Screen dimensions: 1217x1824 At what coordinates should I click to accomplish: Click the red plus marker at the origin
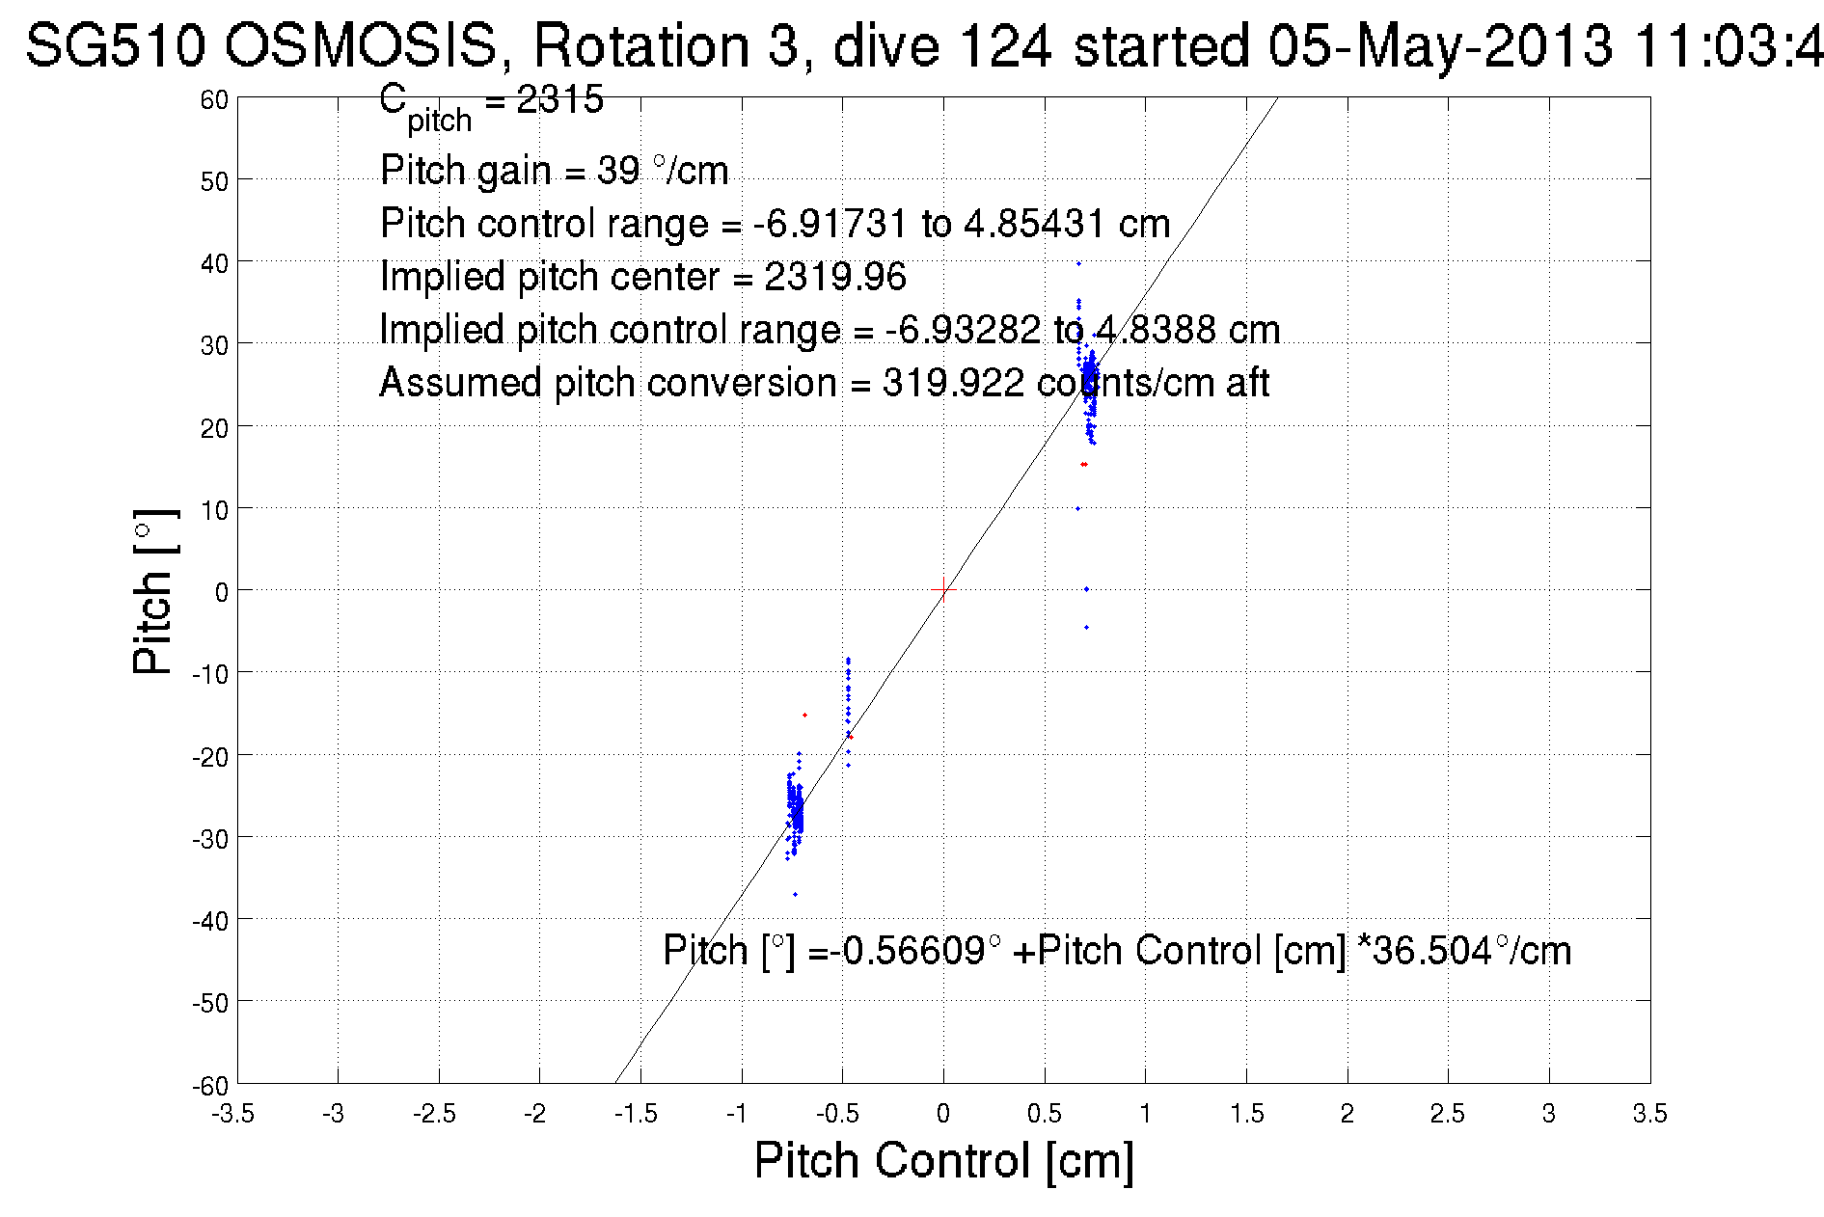click(943, 589)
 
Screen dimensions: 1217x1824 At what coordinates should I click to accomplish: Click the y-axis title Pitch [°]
click(154, 591)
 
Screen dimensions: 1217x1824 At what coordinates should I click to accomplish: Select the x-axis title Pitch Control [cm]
click(943, 1160)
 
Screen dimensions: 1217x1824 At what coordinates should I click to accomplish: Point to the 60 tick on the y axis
click(214, 99)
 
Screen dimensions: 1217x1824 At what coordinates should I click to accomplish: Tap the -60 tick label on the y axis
click(210, 1086)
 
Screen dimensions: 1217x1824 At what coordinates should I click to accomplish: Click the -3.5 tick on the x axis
click(233, 1115)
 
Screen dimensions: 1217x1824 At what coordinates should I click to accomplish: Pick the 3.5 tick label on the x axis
click(1649, 1115)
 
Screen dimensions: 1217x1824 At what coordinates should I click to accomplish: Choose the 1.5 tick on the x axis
click(1246, 1115)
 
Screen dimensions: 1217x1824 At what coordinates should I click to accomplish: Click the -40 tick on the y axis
click(210, 921)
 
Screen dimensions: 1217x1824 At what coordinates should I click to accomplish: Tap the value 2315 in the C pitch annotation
click(559, 99)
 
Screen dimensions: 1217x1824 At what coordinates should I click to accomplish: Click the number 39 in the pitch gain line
click(617, 172)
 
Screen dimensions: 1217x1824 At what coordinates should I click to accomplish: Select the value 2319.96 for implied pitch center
click(835, 278)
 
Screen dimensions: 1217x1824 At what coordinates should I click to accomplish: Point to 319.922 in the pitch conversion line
click(952, 384)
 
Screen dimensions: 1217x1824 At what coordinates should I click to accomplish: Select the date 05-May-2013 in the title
click(1439, 45)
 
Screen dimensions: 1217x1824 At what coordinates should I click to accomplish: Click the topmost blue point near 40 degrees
click(1078, 263)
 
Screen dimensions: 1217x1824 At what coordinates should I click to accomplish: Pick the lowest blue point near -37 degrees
click(795, 894)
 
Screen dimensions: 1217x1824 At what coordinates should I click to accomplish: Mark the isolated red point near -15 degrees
click(804, 715)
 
